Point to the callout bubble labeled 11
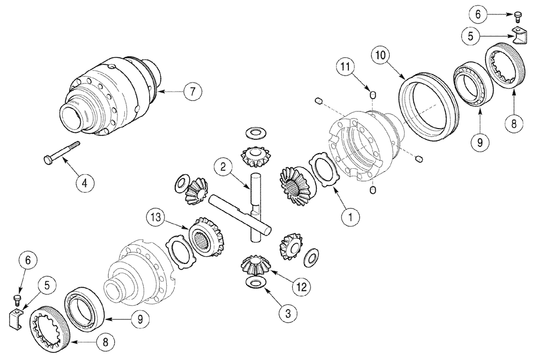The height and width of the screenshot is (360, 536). (346, 67)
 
